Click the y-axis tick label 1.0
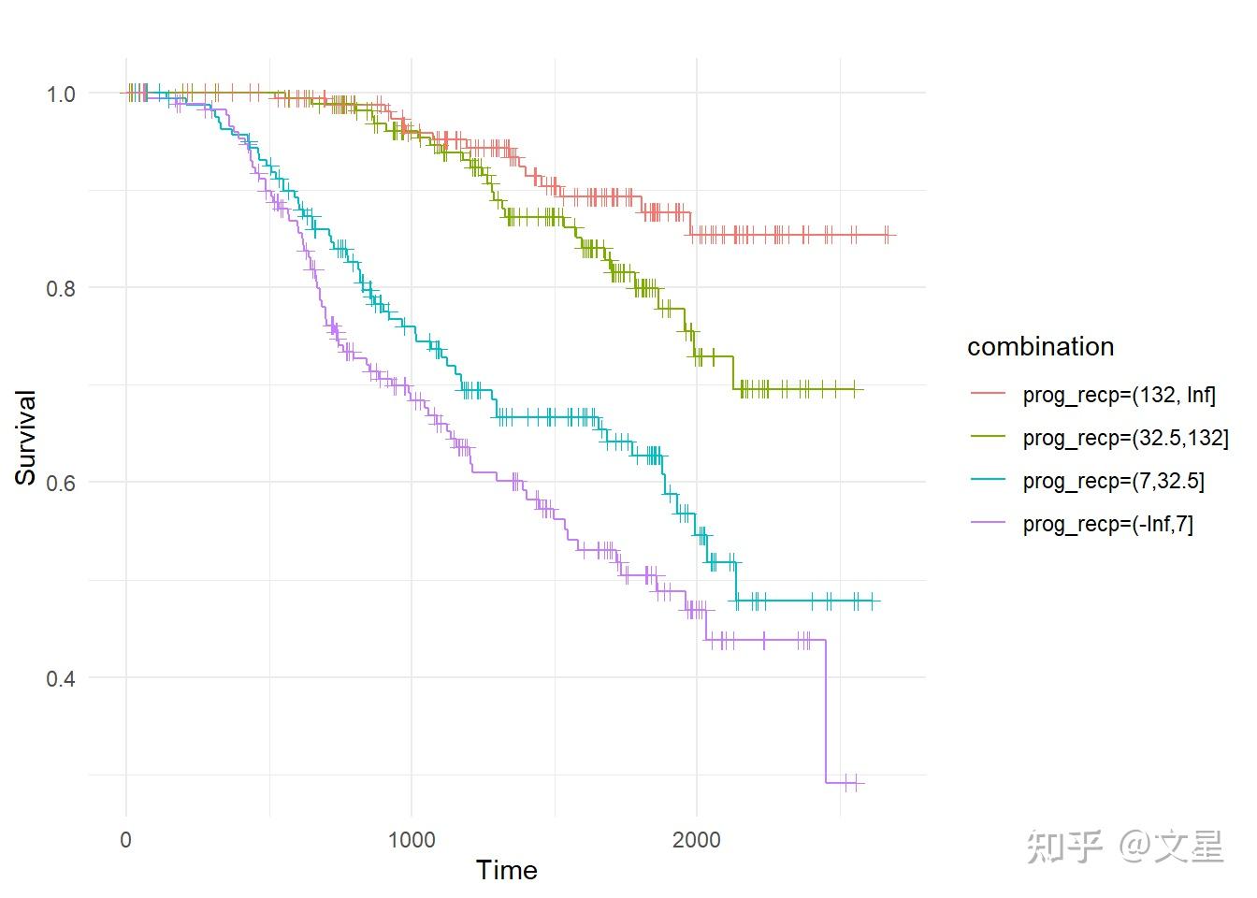pos(61,94)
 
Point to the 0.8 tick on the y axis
pos(61,288)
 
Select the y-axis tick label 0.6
pos(61,483)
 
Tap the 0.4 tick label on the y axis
pos(61,677)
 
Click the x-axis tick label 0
pos(126,839)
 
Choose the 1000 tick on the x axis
pos(412,839)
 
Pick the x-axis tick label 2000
pos(697,839)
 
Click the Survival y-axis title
pos(25,438)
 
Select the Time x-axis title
pos(506,871)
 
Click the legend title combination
pos(1040,347)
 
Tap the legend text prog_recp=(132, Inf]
pos(1119,395)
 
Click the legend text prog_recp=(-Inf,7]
pos(1107,524)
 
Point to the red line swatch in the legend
pos(989,395)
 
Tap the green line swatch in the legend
pos(989,438)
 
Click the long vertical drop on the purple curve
pos(826,711)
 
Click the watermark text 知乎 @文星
pos(1125,847)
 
